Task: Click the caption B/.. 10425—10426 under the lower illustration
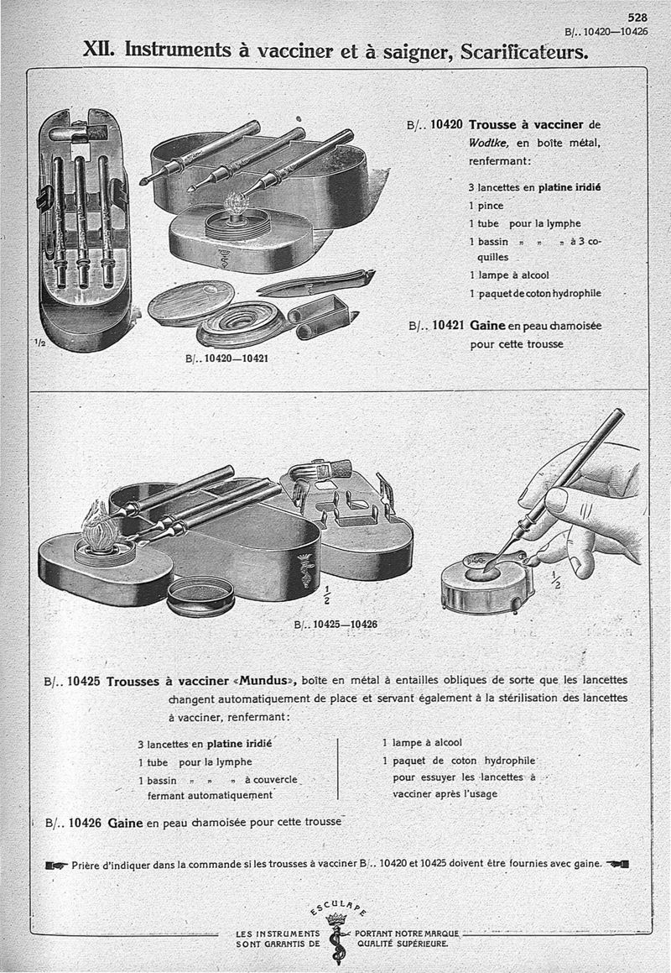coord(335,624)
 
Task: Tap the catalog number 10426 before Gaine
coord(87,823)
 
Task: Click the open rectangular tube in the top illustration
coord(323,316)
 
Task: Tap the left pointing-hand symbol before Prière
coord(57,865)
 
